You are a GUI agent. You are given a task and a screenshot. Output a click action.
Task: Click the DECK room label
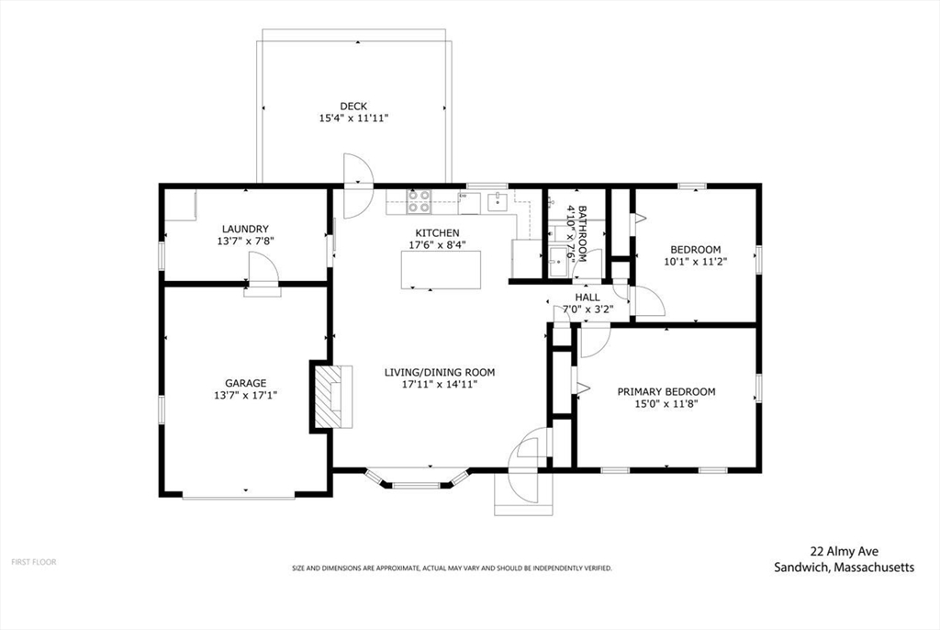353,107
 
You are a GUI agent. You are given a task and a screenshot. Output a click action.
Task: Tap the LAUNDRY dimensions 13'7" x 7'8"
245,242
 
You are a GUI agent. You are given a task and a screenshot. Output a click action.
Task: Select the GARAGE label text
245,383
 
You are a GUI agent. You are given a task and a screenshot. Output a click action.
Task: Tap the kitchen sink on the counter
498,199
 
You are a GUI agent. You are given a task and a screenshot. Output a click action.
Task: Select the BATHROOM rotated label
575,234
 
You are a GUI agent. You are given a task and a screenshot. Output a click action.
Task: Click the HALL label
587,298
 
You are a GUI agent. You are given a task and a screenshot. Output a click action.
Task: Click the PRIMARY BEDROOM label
666,391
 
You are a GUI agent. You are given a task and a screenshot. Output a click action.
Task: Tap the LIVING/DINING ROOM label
439,372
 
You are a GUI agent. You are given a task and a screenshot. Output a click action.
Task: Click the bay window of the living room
418,479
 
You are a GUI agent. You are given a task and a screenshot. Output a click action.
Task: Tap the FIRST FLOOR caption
33,561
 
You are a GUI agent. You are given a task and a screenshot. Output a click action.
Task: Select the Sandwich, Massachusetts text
844,568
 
